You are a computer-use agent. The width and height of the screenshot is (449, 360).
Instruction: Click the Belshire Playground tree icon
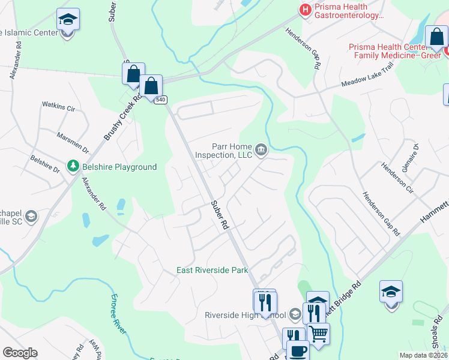(73, 165)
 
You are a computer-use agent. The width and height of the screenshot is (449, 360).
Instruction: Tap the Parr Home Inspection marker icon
(261, 149)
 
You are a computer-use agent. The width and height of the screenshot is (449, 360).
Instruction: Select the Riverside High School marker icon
(295, 314)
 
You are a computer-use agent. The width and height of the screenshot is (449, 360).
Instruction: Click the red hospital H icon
(305, 10)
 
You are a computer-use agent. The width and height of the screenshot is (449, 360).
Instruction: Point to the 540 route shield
(160, 100)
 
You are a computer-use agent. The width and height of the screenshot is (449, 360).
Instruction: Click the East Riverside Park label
(212, 270)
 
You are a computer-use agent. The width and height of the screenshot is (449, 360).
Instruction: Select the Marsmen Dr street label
(73, 142)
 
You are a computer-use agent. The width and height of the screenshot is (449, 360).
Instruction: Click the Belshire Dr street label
(46, 164)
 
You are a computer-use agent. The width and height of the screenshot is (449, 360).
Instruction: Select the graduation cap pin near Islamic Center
(68, 19)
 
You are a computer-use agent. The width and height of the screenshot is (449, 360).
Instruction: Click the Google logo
(20, 353)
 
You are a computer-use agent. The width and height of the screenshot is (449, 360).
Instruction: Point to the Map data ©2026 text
(423, 355)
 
